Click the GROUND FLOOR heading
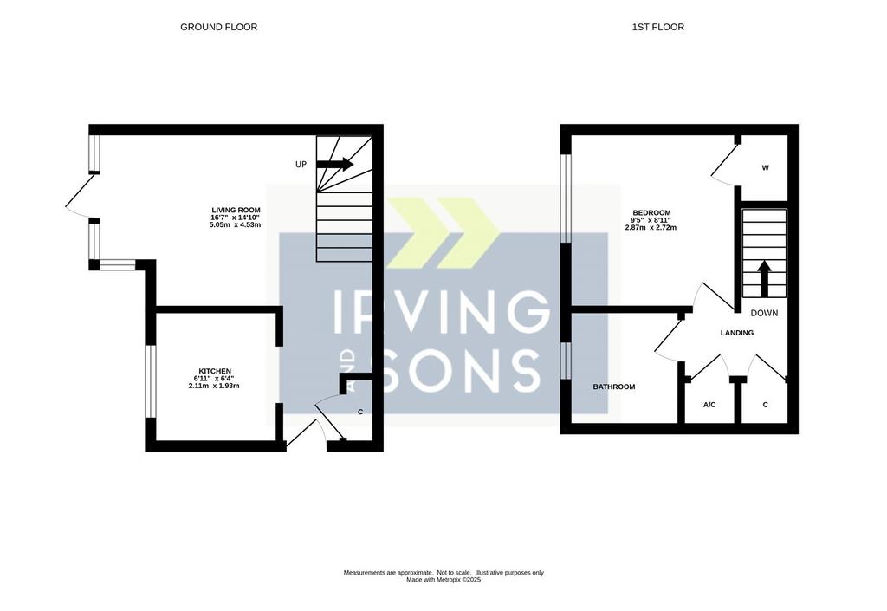tap(218, 27)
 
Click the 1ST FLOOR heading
tap(658, 27)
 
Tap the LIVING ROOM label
tap(236, 210)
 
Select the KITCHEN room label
tap(215, 371)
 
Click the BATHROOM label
tap(614, 387)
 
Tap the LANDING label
tap(736, 333)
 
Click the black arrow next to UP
tap(334, 164)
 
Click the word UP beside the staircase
tap(301, 164)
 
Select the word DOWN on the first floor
tap(764, 313)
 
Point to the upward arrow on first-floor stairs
tap(764, 278)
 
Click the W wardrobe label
tap(766, 167)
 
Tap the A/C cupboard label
tap(709, 405)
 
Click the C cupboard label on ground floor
tap(360, 412)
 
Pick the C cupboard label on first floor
tap(766, 405)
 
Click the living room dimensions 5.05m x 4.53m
tap(235, 224)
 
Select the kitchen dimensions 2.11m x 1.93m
tap(214, 386)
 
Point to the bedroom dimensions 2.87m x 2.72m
tap(651, 227)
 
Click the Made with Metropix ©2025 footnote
tap(443, 580)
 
